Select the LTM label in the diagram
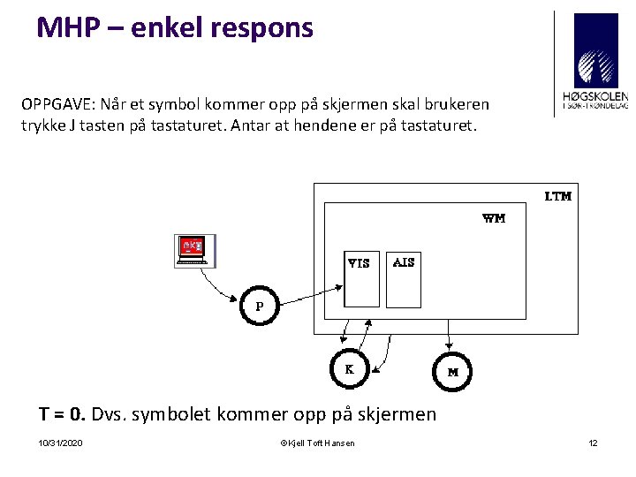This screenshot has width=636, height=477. coord(557,196)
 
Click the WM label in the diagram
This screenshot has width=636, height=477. coord(494,218)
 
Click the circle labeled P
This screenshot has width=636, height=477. coord(260,306)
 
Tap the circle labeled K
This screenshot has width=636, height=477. coord(349,370)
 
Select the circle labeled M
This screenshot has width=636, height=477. coord(452,372)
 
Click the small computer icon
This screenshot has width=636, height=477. coord(194,251)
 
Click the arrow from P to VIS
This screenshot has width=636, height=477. coord(309,292)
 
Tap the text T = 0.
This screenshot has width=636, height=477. coord(61,413)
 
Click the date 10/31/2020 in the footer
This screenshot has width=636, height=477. coord(61,443)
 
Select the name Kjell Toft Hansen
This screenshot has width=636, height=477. coord(321,443)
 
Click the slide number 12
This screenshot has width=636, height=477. coord(593,443)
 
